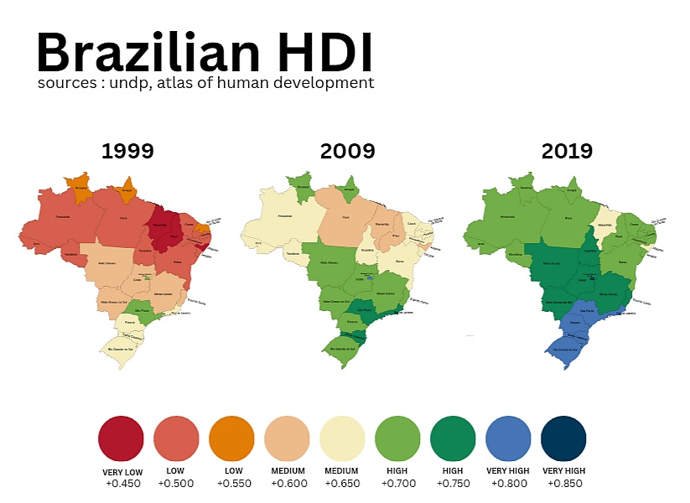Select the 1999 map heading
click(x=127, y=152)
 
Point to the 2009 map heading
click(x=347, y=152)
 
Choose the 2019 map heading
click(x=567, y=152)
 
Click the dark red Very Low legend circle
click(x=121, y=438)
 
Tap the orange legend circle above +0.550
click(x=231, y=438)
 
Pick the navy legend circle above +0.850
click(x=563, y=438)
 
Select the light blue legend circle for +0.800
click(x=508, y=438)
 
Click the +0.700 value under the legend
click(x=397, y=483)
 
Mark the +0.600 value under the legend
click(x=287, y=483)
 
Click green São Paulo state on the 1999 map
click(x=143, y=317)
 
